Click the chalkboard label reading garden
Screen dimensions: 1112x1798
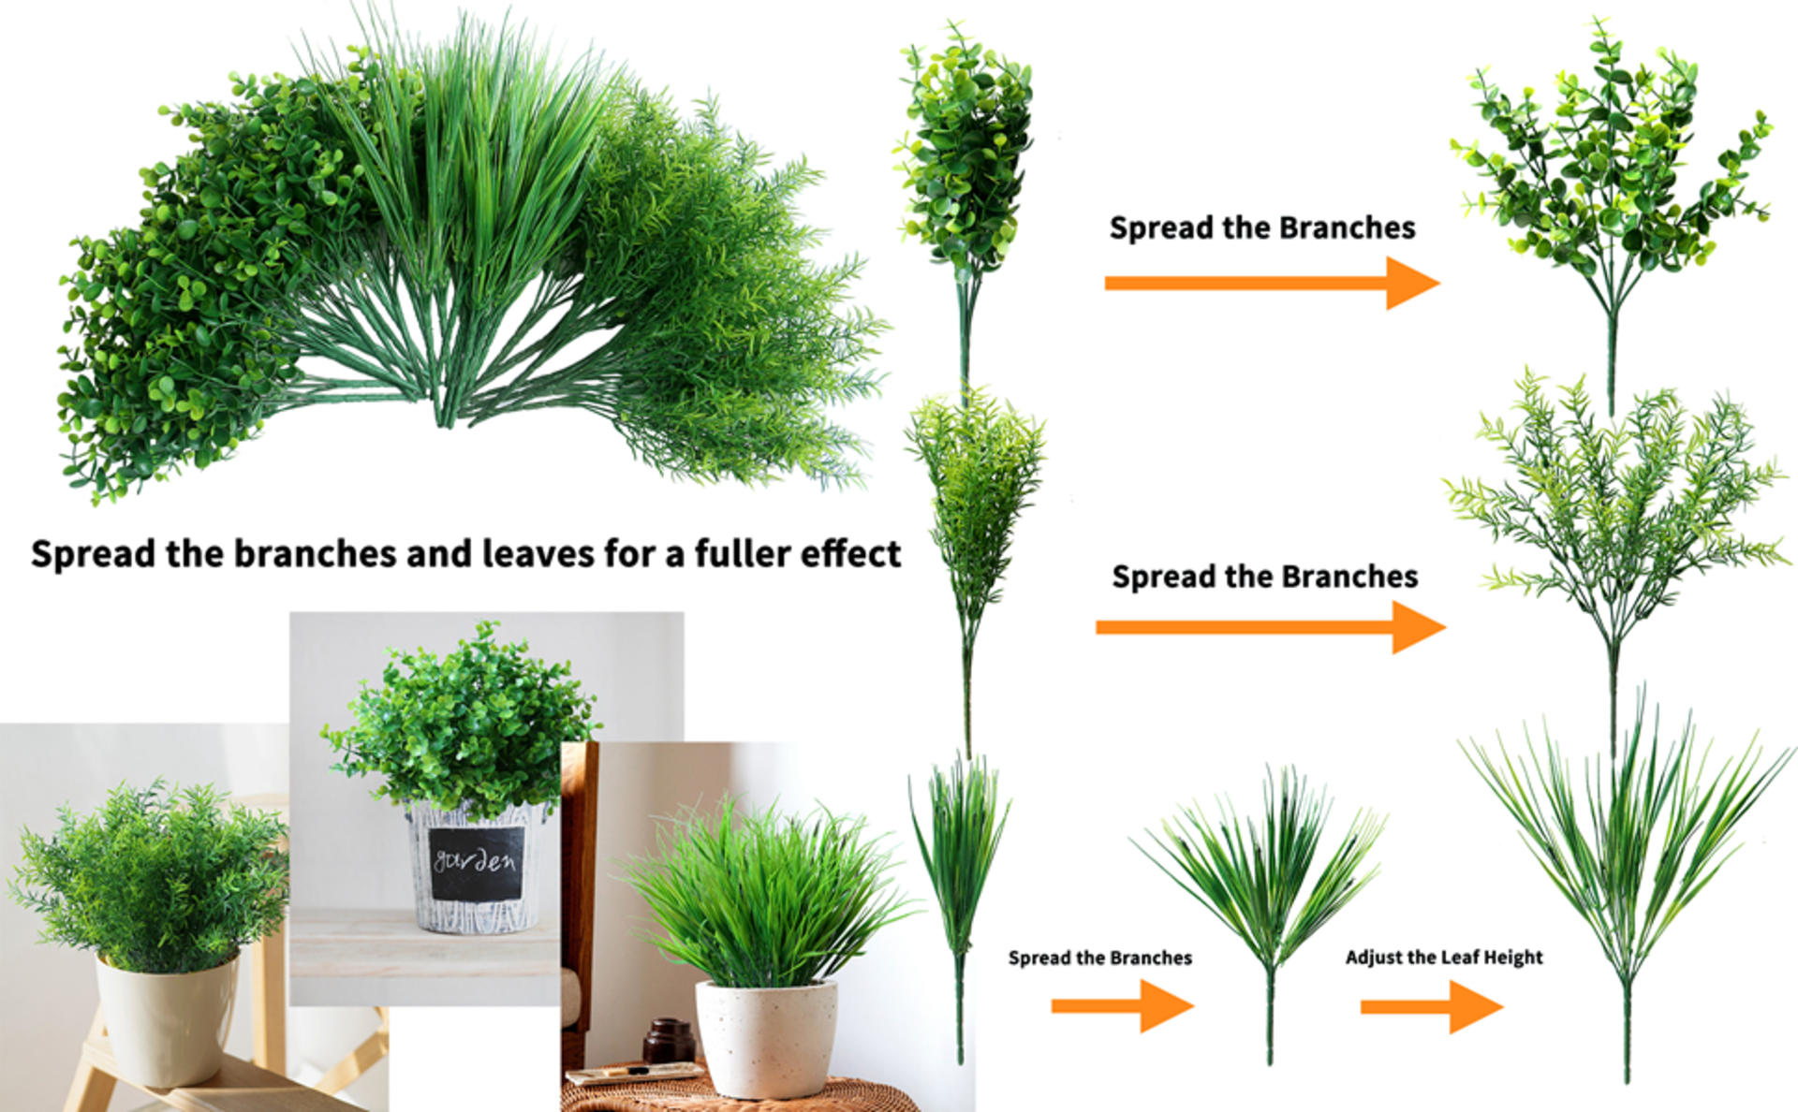(474, 863)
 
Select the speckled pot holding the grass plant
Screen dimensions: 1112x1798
(766, 1037)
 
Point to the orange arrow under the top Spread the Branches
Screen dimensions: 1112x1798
(1271, 283)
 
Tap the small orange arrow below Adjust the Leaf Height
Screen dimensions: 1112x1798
(1431, 1007)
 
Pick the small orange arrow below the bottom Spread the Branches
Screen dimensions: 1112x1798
(1122, 1006)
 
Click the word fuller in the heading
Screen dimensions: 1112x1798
(738, 554)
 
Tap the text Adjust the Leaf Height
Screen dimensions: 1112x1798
(1443, 958)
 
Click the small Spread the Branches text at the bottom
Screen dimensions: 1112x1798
(1099, 958)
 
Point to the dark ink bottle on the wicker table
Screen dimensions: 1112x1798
(669, 1042)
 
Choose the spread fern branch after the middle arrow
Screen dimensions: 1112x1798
(1615, 505)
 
